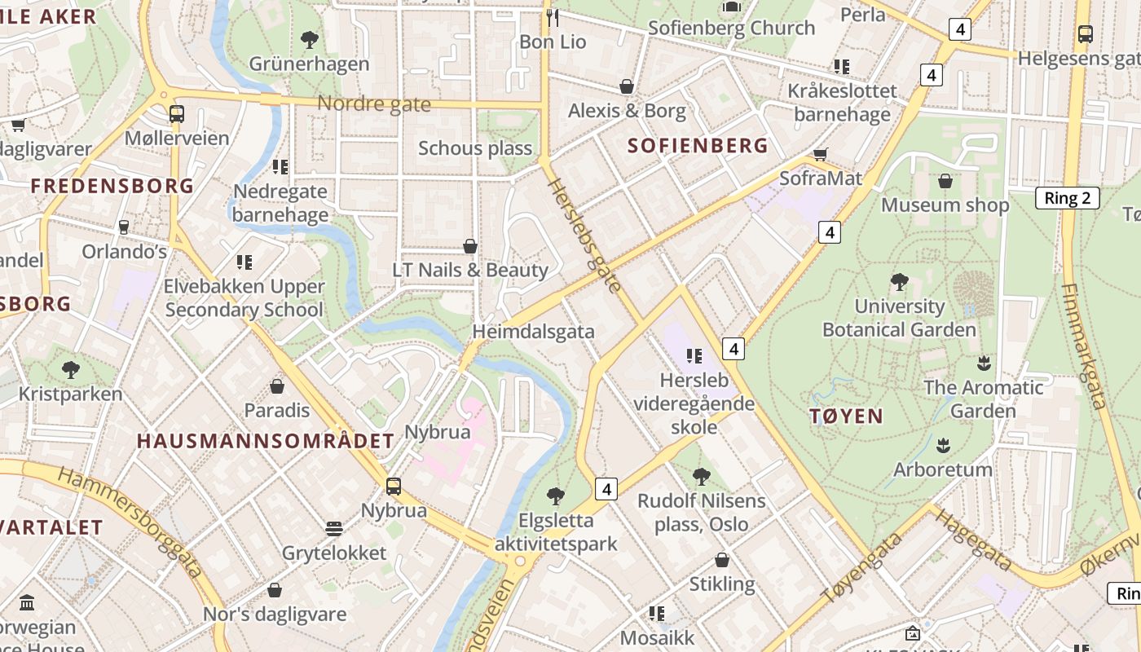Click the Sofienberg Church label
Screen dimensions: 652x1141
coord(731,28)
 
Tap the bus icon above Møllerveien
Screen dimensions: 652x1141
coord(177,114)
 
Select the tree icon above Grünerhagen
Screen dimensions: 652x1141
coord(309,39)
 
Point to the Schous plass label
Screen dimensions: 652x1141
coord(474,148)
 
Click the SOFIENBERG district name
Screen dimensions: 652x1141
coord(698,146)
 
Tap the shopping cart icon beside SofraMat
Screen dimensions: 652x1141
coord(821,155)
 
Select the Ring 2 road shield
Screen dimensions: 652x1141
coord(1067,198)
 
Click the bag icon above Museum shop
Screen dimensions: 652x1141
coord(945,181)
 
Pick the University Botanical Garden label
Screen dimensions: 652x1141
coord(899,318)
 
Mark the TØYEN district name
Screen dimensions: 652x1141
coord(846,416)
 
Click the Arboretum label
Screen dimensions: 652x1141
coord(943,469)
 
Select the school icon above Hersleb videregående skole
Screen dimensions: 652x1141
coord(694,356)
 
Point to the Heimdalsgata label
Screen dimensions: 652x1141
coord(533,332)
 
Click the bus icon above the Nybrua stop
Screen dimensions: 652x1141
coord(394,487)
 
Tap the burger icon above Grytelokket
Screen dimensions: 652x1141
coord(333,529)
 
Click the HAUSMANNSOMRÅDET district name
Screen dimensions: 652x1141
coord(265,441)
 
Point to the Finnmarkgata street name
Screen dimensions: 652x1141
coord(1083,346)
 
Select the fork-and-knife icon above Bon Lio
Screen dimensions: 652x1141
coord(553,18)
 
